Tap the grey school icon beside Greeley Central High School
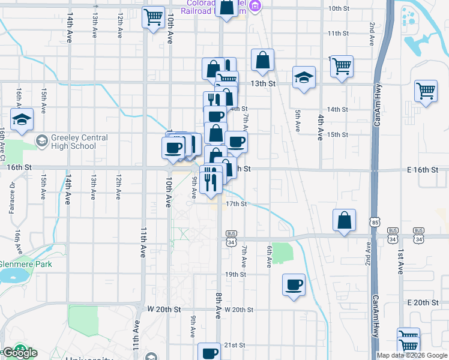coord(41,142)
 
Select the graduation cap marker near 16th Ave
coord(22,119)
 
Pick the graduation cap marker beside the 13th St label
coord(304,77)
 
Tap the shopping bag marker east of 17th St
coord(345,220)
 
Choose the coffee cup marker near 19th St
coord(294,285)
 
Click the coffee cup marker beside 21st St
coord(210,352)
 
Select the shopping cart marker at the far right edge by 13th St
coord(426,91)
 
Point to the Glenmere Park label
coord(26,264)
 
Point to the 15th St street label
coord(338,134)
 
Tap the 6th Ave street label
coord(270,256)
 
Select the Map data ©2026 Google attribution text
coord(412,355)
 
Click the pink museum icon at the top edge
coord(255,5)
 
